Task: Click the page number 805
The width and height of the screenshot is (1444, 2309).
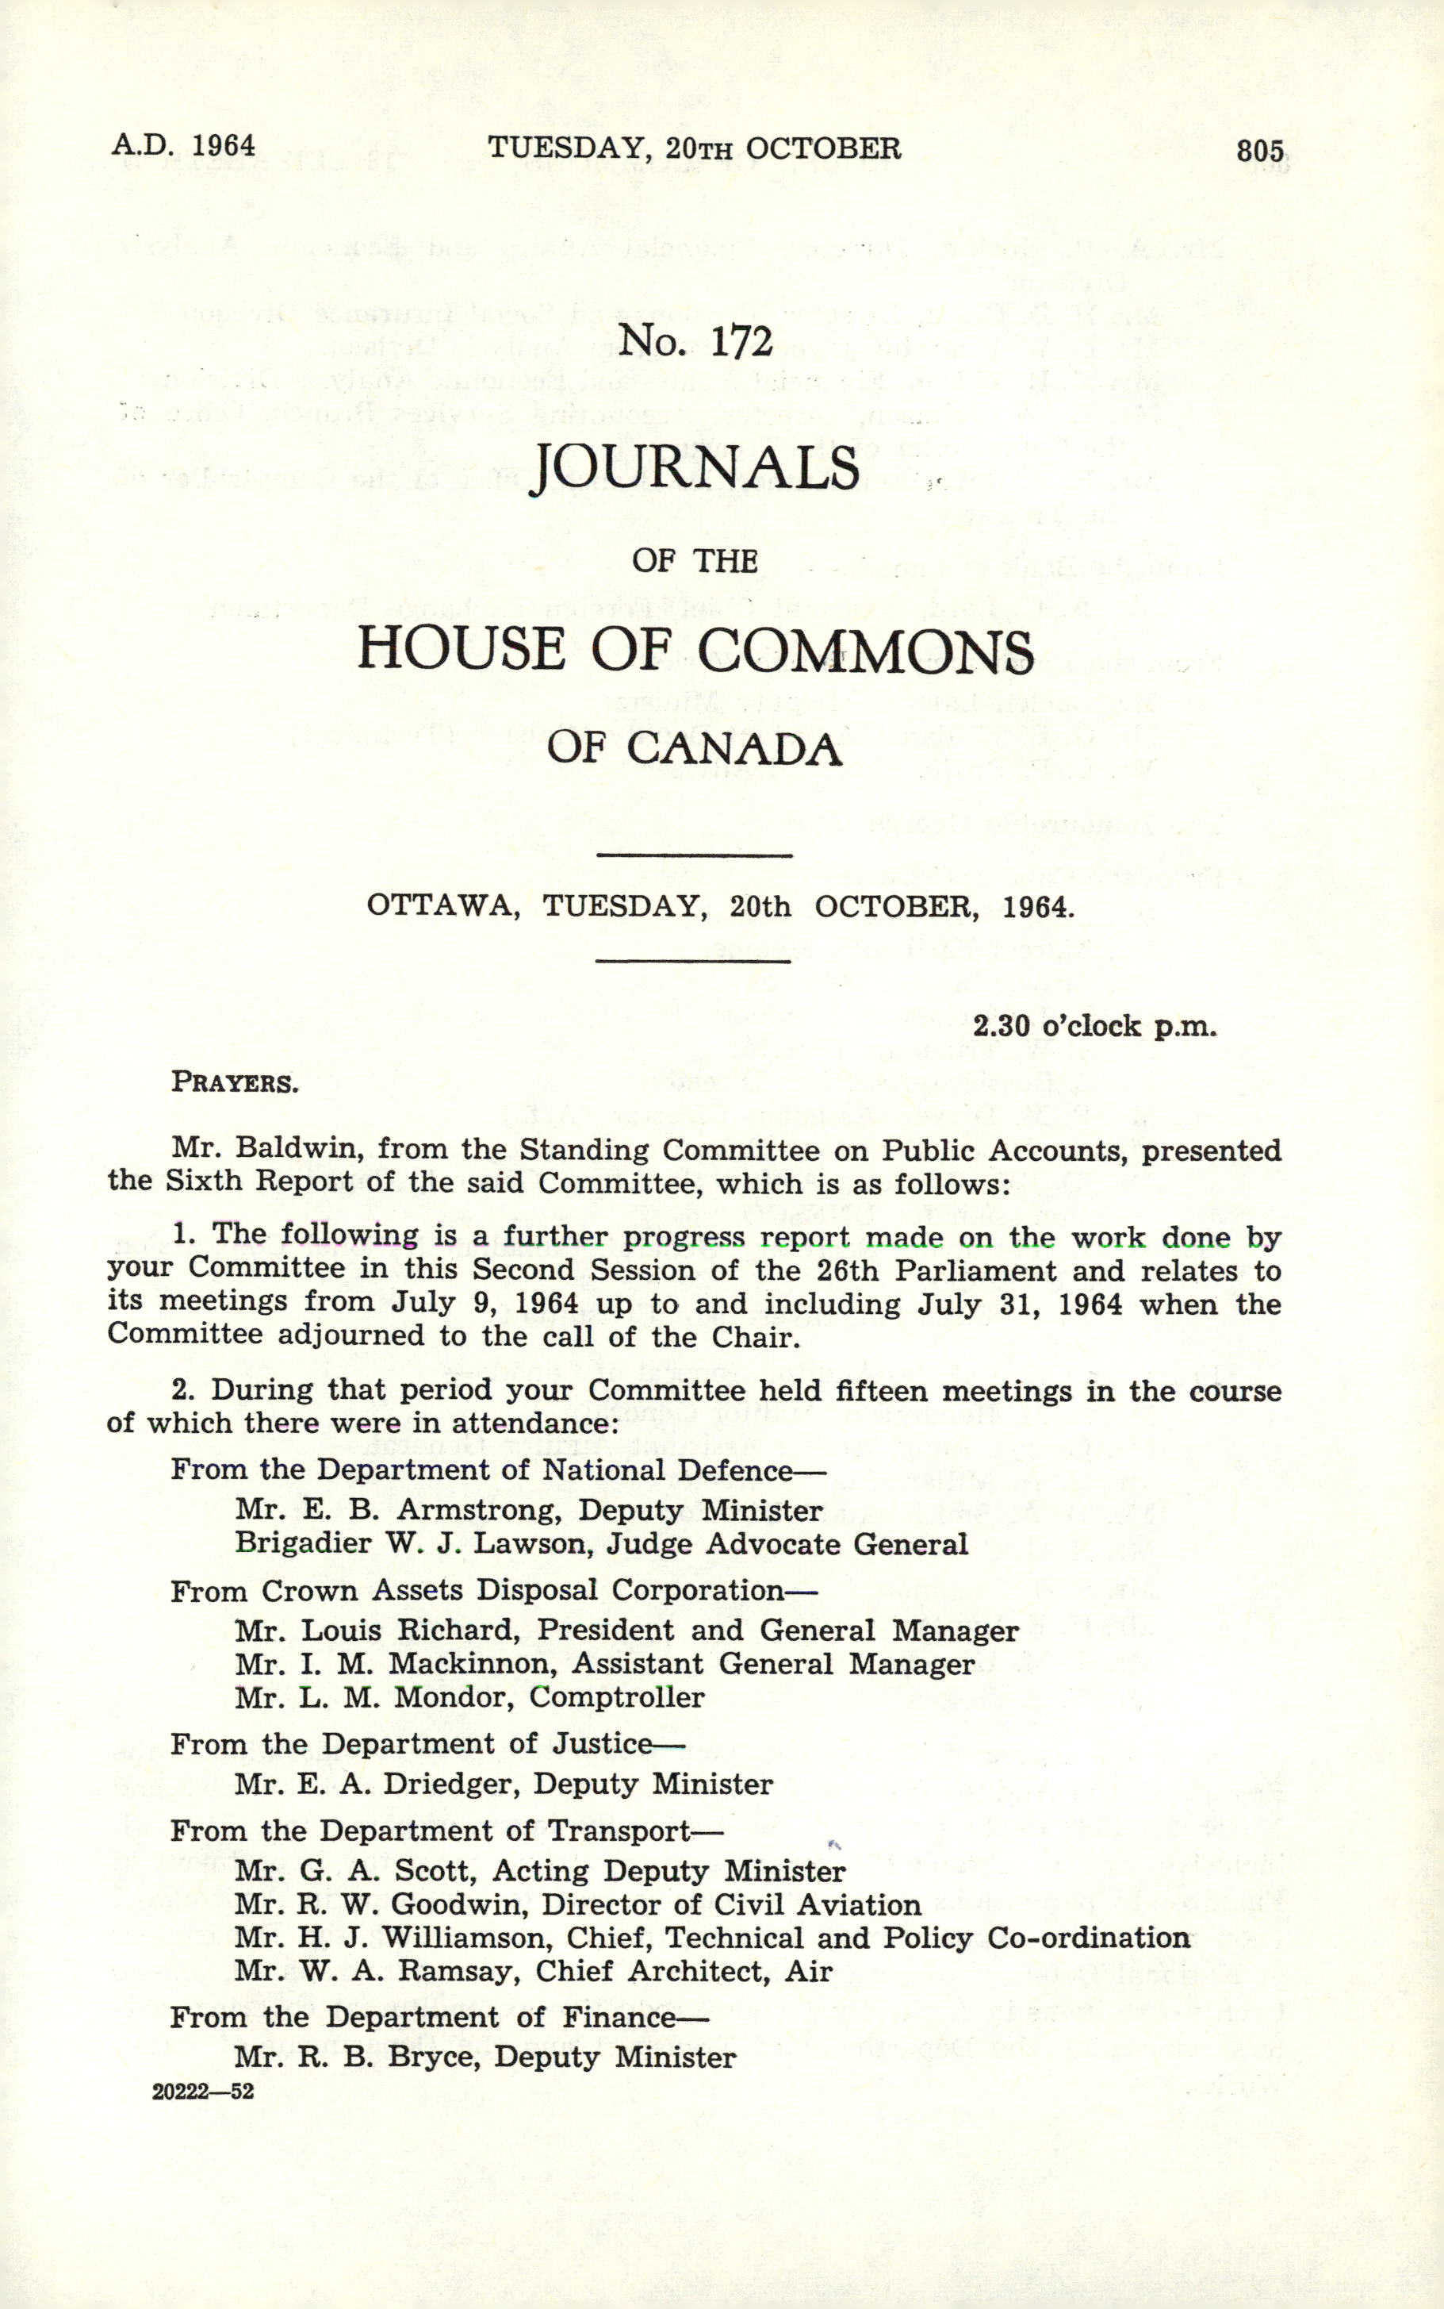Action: [1260, 151]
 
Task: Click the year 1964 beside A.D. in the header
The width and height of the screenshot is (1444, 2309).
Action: [224, 145]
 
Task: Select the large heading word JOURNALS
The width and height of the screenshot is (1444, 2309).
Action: [695, 468]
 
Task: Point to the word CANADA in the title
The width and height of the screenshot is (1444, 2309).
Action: [734, 748]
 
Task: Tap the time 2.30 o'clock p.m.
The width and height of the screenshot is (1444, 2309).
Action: [1094, 1026]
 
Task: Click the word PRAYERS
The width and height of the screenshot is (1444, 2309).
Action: [235, 1082]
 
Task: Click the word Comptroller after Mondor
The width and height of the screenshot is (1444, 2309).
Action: [617, 1697]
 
